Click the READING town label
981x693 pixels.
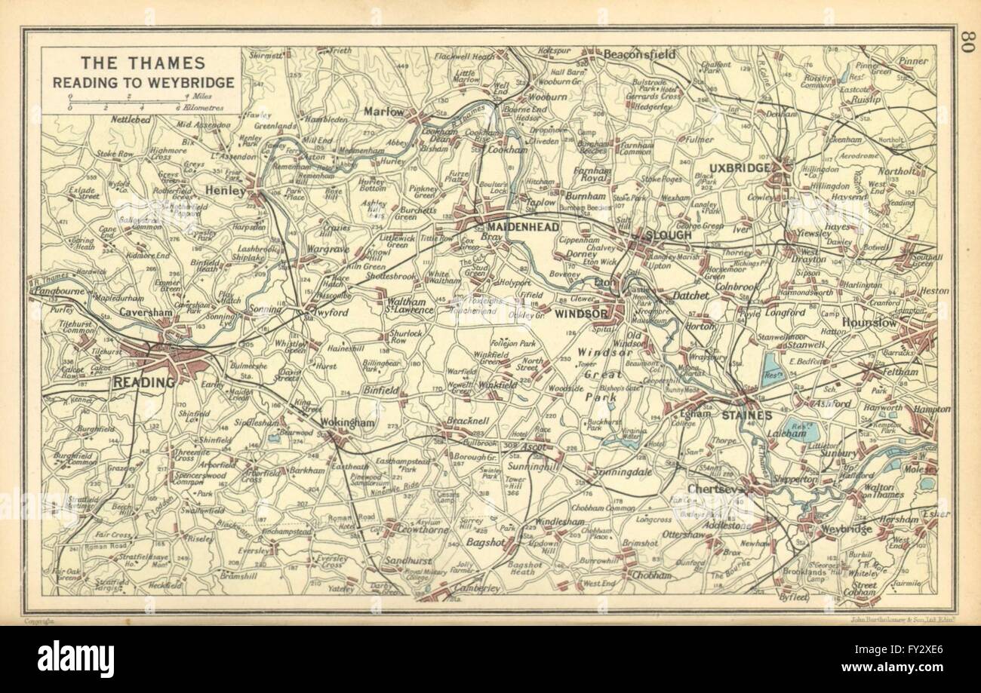143,382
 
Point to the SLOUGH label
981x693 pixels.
668,235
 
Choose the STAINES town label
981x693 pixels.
746,415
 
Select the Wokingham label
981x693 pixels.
347,423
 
